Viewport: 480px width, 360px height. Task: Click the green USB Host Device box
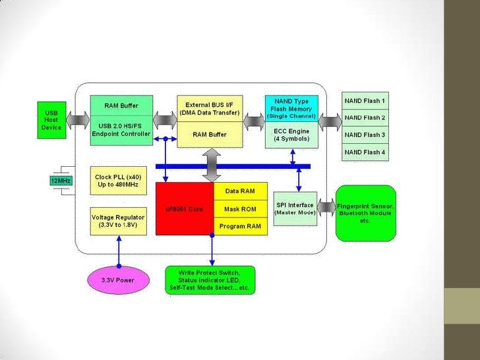pos(51,120)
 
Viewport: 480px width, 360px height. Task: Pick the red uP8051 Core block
pos(185,209)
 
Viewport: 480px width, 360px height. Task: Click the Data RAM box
pos(240,191)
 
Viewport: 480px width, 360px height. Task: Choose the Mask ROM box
pos(240,209)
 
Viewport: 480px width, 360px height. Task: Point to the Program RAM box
pos(240,226)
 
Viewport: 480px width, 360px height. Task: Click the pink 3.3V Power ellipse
pos(118,280)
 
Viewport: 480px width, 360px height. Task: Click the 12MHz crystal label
pos(61,180)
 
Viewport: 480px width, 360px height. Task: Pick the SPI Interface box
pos(294,208)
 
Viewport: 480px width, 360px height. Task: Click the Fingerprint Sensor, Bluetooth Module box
pos(365,212)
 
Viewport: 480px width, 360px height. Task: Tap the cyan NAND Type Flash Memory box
pos(291,109)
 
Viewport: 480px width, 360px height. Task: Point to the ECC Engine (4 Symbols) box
pos(291,135)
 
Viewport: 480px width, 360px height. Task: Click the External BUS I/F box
pos(210,108)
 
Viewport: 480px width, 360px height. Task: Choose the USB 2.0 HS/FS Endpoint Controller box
pos(121,130)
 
